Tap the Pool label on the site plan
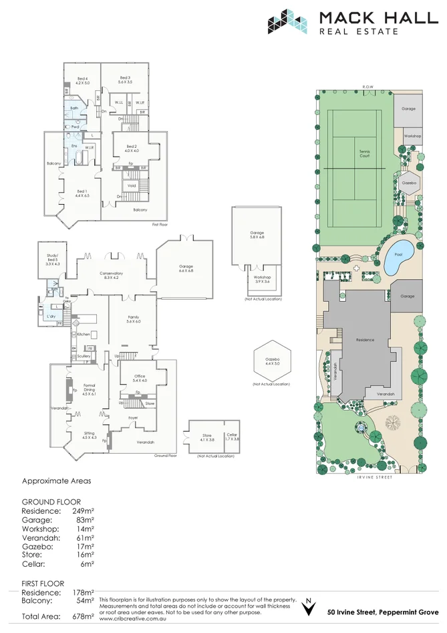399,254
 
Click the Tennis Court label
364,154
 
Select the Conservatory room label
111,275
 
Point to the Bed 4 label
82,81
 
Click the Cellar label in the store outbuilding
232,436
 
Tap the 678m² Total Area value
83,616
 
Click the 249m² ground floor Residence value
83,511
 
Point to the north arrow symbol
308,608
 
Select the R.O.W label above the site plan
367,88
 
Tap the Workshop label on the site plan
412,136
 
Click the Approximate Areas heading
56,480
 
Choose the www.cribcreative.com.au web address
132,619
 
